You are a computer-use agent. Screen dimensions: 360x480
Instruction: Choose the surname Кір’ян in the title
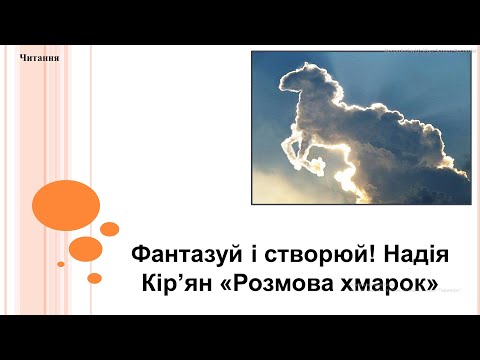click(x=178, y=283)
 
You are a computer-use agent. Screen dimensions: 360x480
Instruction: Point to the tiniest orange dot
click(x=61, y=264)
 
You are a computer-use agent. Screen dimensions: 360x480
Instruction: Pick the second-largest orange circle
click(x=86, y=247)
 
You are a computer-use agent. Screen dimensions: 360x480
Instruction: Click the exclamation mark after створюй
click(x=359, y=255)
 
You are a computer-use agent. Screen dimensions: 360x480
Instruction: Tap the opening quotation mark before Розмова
click(x=226, y=283)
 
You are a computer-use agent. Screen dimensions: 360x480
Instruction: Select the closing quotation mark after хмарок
click(x=431, y=283)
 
